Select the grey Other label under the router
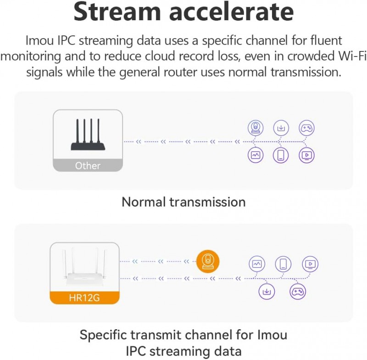coord(88,165)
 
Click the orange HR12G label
coord(84,298)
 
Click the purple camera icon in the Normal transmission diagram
coord(256,129)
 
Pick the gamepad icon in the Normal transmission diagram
coord(306,129)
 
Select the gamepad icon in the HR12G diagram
coord(298,291)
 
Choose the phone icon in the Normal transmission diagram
coord(281,155)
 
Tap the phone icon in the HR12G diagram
coord(284,264)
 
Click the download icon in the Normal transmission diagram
coord(281,129)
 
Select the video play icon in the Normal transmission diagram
coord(306,155)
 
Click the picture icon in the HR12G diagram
coord(257,264)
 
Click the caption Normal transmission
coord(183,202)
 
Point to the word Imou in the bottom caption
coord(267,335)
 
